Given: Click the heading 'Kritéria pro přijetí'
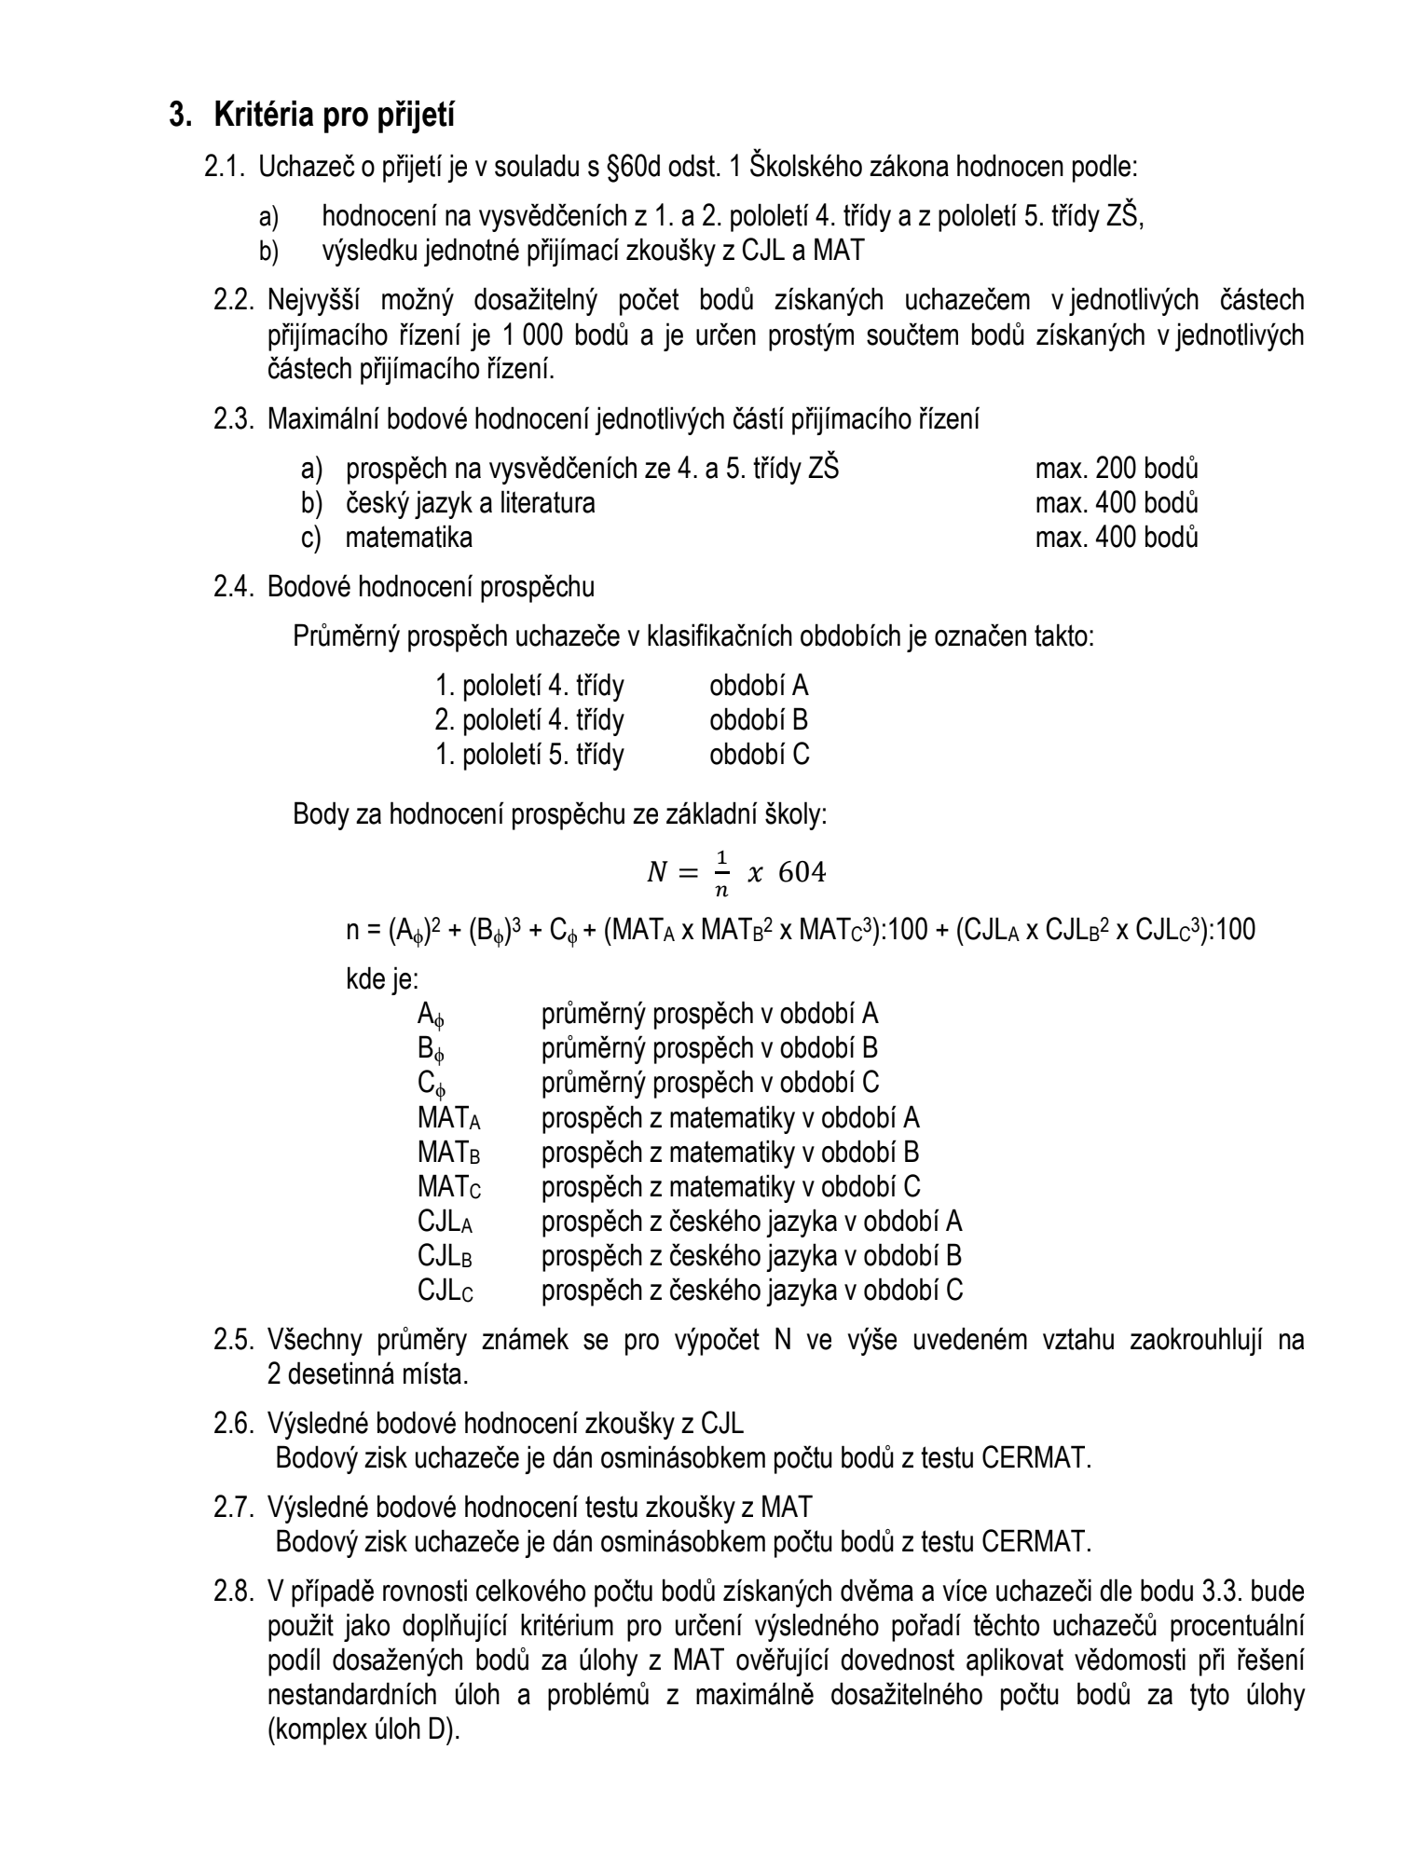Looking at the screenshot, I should point(335,116).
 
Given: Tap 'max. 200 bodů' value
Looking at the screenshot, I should point(1117,468).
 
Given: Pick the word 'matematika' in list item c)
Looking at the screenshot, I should point(409,538).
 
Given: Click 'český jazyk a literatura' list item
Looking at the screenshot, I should point(470,503).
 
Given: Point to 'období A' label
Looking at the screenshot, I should point(759,686).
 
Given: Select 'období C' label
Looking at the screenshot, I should point(760,754).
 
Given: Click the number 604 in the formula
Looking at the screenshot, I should point(802,872).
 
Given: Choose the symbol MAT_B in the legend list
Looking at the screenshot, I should point(448,1153).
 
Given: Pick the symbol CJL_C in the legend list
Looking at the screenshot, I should point(445,1291).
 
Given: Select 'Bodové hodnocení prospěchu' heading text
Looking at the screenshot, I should point(431,587).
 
